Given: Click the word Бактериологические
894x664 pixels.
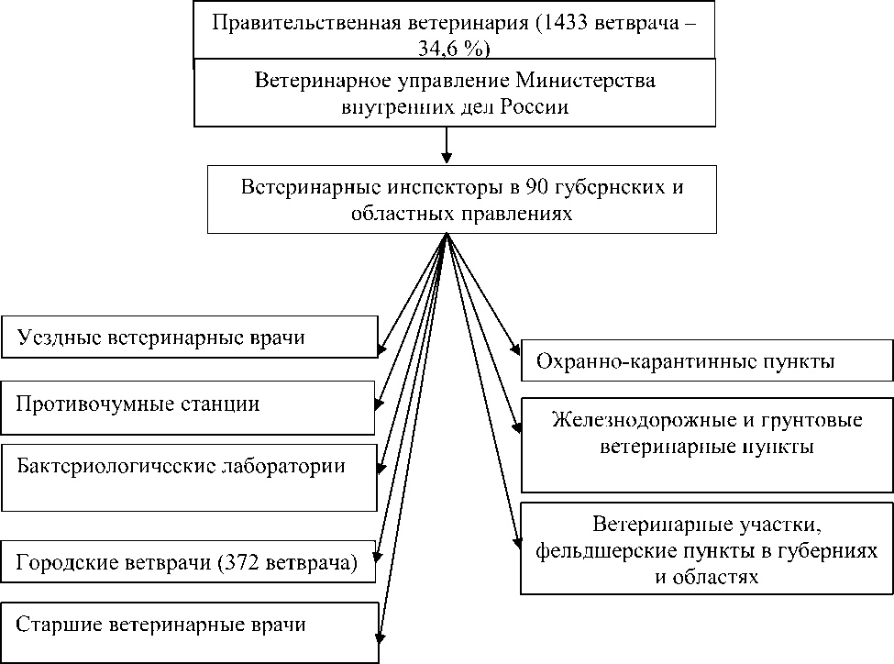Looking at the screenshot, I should [116, 466].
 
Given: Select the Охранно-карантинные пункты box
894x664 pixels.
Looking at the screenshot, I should [707, 361].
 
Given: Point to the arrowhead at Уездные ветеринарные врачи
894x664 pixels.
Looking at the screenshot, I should [381, 349].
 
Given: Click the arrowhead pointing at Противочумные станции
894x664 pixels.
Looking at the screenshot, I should [380, 404].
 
